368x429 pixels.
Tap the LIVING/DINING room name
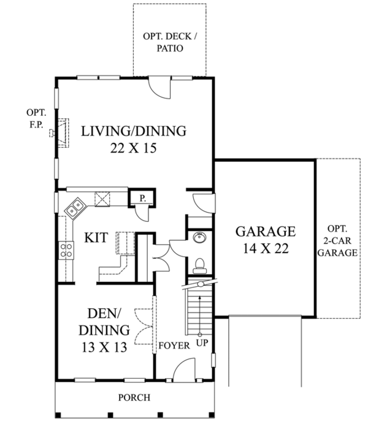point(134,131)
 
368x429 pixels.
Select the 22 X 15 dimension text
point(134,148)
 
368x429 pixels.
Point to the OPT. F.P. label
point(34,118)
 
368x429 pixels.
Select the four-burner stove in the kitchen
point(66,249)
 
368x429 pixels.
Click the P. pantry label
point(142,198)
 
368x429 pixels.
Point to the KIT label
point(97,237)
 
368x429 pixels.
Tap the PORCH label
point(134,397)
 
